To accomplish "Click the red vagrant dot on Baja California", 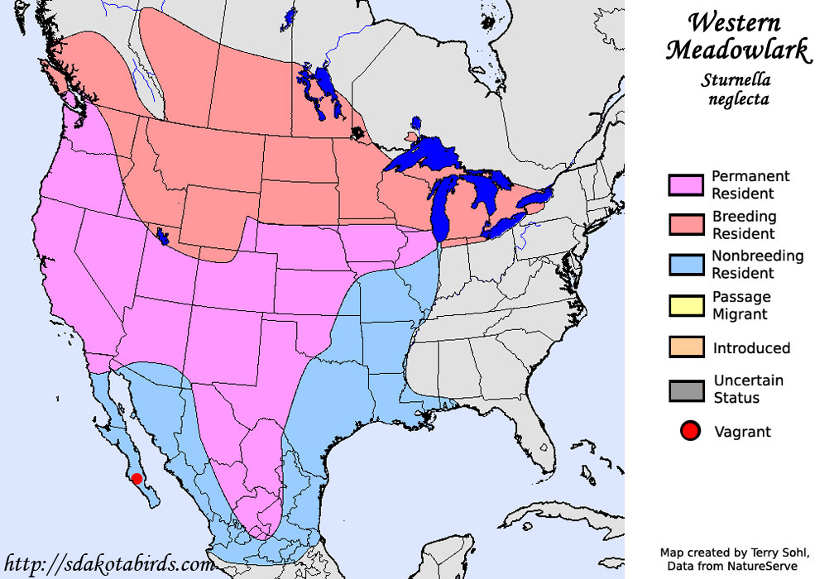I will (137, 478).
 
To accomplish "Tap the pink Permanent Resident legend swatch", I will (685, 184).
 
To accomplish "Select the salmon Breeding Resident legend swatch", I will (685, 225).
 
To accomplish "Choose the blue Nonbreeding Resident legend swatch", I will (685, 265).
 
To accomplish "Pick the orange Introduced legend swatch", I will (685, 347).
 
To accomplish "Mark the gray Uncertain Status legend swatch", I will (685, 390).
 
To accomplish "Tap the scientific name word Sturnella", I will (736, 80).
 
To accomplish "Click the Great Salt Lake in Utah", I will (162, 238).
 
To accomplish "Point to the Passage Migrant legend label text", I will (741, 305).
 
